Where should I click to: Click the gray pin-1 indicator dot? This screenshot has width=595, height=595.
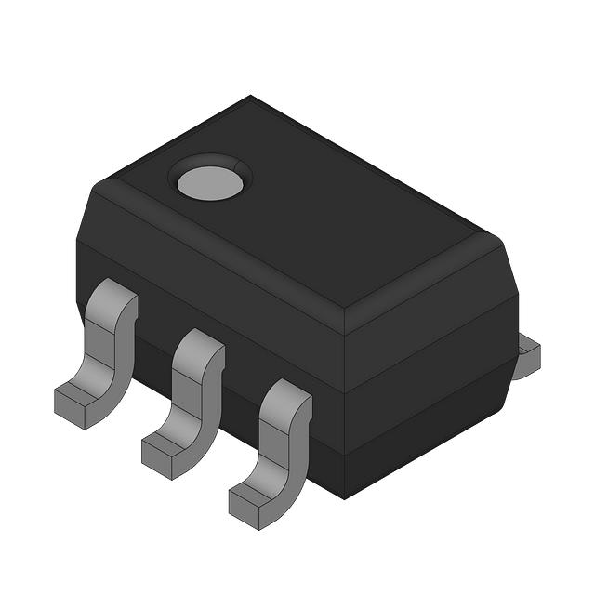click(210, 183)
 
